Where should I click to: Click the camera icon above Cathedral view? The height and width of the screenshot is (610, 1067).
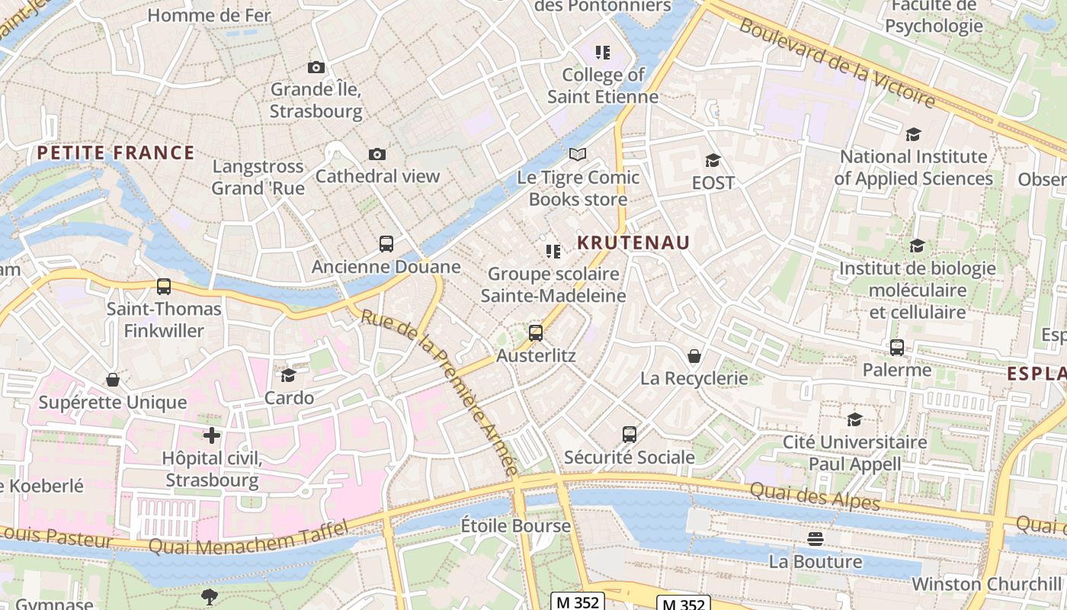[376, 155]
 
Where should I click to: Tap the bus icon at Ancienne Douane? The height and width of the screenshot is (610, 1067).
[386, 244]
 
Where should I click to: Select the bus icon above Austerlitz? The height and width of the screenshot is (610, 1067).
[536, 332]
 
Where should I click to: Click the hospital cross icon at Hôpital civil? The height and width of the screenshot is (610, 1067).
[212, 435]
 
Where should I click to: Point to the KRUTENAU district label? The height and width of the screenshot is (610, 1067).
[633, 242]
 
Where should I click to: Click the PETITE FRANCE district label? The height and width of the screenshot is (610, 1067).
[116, 152]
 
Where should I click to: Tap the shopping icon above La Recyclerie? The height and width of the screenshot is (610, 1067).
[694, 355]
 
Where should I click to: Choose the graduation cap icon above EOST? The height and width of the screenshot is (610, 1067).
[713, 160]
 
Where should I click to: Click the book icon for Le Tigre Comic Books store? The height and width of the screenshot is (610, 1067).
[578, 155]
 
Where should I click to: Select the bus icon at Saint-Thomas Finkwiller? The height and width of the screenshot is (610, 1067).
[164, 287]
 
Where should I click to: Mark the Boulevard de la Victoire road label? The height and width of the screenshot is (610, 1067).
[837, 63]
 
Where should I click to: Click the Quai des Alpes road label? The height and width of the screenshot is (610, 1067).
[815, 496]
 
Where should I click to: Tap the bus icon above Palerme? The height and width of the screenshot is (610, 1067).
[897, 348]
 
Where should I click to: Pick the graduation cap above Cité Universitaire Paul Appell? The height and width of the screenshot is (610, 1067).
[855, 419]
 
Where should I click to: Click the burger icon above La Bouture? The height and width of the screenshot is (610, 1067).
[815, 539]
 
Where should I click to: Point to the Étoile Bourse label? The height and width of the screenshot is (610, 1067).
[516, 525]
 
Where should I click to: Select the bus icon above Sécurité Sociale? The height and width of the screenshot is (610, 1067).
[629, 435]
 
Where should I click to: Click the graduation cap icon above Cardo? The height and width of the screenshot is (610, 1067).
[289, 375]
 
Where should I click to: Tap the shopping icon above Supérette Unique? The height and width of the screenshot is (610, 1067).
[113, 379]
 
